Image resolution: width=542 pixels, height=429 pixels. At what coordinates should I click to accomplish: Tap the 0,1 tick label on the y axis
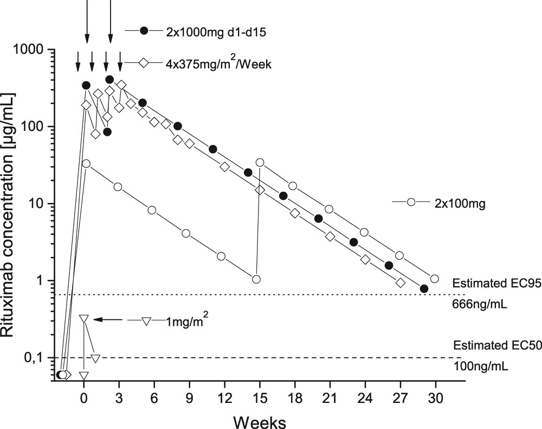point(36,358)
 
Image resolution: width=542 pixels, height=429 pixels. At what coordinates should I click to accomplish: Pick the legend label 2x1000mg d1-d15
point(215,31)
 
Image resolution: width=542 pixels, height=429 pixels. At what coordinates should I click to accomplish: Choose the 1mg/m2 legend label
point(188,321)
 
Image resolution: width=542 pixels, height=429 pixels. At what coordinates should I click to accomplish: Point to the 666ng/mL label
point(480,305)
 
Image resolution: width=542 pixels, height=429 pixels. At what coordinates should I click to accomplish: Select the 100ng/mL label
point(480,367)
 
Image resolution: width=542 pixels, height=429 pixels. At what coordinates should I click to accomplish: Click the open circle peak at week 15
point(260,162)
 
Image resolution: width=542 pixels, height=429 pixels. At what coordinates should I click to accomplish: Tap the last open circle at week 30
point(434,279)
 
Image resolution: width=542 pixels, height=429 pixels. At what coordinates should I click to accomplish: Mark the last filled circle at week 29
point(424,289)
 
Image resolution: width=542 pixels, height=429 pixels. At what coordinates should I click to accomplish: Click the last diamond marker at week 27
point(401,283)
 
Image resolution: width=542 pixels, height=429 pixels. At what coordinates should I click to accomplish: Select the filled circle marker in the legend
point(144,31)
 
